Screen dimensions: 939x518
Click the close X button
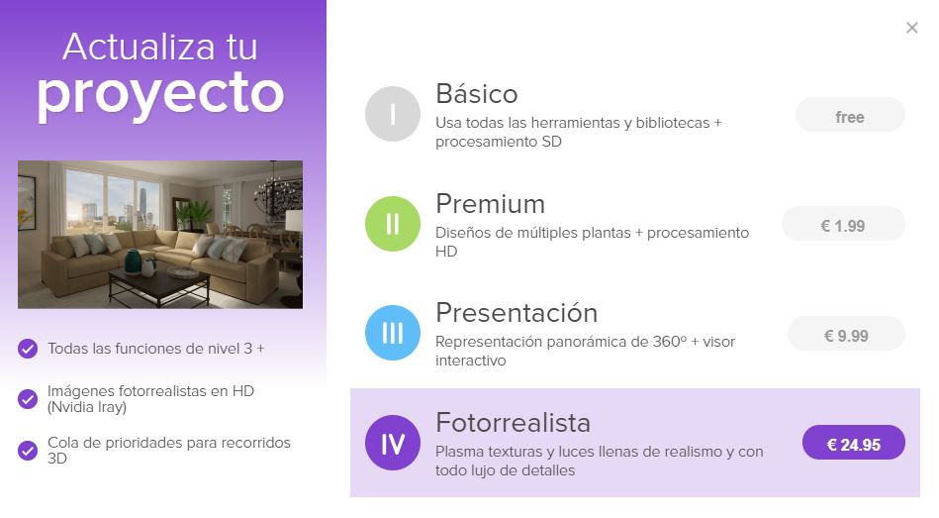click(x=911, y=28)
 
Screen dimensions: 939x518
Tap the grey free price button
click(x=850, y=115)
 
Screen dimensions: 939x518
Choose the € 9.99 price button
click(x=846, y=334)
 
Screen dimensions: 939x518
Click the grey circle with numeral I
click(x=393, y=114)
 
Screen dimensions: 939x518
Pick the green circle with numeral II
click(x=393, y=224)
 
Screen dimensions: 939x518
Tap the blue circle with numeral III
click(x=393, y=333)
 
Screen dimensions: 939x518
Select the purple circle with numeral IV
click(x=393, y=443)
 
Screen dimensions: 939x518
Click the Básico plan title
click(x=477, y=93)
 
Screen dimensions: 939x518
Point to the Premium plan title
click(x=491, y=204)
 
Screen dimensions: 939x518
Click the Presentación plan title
click(x=516, y=312)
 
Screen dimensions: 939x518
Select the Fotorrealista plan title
click(x=514, y=423)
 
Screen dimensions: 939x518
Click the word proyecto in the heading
click(x=160, y=95)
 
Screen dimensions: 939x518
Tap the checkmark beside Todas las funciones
click(x=28, y=349)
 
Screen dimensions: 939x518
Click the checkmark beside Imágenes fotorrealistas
click(x=28, y=399)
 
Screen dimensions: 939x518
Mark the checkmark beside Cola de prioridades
click(x=28, y=451)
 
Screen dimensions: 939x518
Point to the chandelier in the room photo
click(x=275, y=193)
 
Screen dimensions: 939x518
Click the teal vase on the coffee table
click(x=133, y=262)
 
